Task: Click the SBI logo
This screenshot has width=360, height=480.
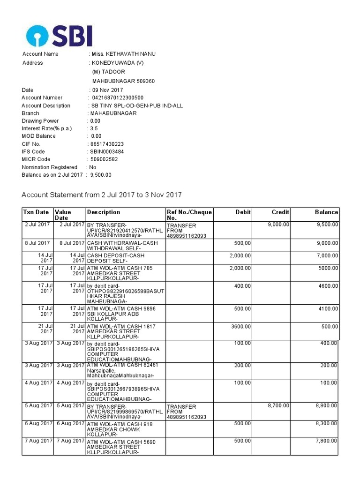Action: pos(59,36)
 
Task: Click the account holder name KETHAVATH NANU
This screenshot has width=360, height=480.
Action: pos(124,54)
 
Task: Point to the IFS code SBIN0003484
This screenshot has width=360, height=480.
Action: pos(106,152)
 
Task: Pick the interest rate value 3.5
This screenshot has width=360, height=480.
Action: pos(94,128)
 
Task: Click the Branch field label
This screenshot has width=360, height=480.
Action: pos(30,113)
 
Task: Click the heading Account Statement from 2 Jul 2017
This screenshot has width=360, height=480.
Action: pos(102,195)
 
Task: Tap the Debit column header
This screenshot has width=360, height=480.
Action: pos(243,212)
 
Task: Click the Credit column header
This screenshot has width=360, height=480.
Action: pos(280,212)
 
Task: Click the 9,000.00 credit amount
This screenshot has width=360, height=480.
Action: pos(278,225)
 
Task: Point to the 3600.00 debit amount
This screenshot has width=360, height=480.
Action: pos(240,327)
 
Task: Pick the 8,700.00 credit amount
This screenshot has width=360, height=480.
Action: pos(278,406)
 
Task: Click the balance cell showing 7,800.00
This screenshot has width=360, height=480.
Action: pos(326,441)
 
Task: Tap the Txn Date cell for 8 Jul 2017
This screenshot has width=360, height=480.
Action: pos(37,243)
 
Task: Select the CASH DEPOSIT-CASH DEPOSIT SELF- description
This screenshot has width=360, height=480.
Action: pos(115,258)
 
